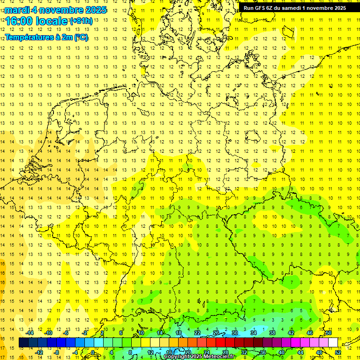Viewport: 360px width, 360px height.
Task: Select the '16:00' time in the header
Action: click(x=20, y=21)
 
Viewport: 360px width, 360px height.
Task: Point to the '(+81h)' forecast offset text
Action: click(x=81, y=21)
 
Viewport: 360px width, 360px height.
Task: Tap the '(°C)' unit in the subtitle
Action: click(x=81, y=37)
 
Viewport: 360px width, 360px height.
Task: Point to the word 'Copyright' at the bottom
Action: click(x=177, y=357)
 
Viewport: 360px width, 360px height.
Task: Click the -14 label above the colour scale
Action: click(x=30, y=333)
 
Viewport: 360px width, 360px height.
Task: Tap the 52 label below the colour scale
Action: click(x=337, y=352)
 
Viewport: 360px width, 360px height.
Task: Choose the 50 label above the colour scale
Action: click(x=329, y=333)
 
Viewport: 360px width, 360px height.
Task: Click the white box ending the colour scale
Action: click(x=333, y=343)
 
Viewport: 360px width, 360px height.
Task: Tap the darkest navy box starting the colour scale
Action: click(x=23, y=343)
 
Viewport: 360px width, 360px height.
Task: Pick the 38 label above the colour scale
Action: click(x=272, y=333)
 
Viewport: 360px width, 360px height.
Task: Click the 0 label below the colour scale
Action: click(x=93, y=352)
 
